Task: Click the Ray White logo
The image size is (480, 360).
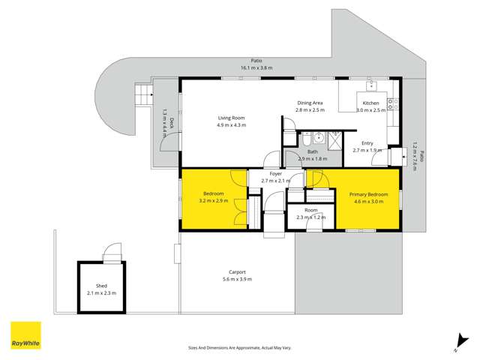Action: [25, 336]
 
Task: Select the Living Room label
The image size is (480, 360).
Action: [231, 118]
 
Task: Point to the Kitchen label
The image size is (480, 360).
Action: [370, 103]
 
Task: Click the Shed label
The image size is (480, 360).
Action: [101, 286]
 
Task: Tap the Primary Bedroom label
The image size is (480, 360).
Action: [367, 194]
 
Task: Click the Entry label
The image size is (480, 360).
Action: [367, 142]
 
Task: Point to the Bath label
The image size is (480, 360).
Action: [312, 151]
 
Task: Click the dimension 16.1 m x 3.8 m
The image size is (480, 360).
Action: [256, 67]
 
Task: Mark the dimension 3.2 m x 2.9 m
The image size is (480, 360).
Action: [214, 201]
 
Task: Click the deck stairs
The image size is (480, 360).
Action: [140, 95]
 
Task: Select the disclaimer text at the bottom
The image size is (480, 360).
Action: [239, 348]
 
